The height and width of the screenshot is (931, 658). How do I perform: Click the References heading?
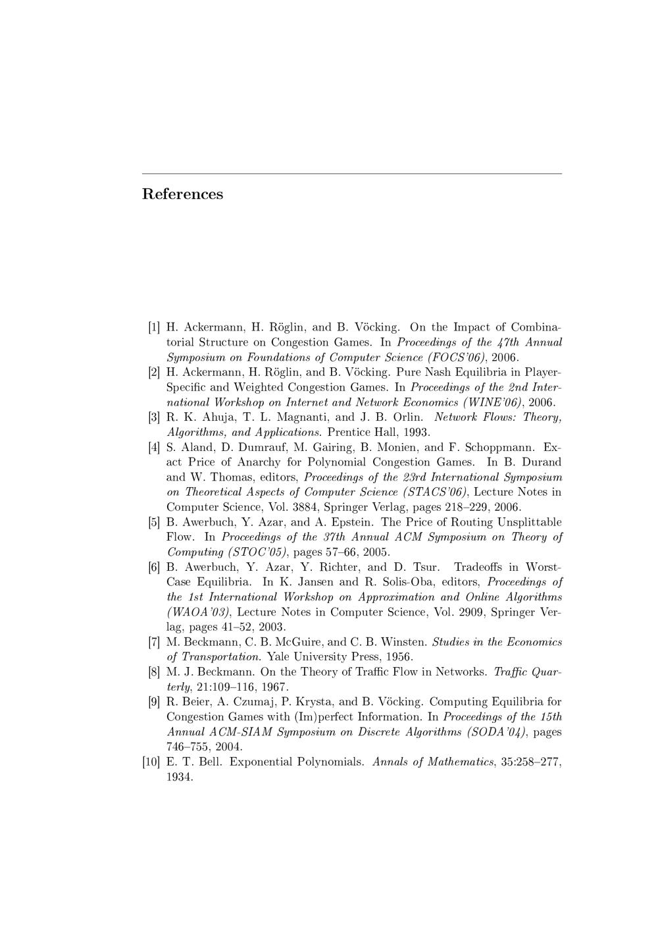[x=182, y=194]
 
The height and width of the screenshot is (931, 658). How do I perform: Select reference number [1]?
[x=153, y=327]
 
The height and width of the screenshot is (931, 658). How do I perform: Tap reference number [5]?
[x=153, y=522]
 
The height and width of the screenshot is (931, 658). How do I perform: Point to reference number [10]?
[x=151, y=762]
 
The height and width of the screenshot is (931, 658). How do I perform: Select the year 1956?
[x=397, y=657]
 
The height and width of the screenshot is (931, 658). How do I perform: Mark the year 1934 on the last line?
[x=179, y=778]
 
